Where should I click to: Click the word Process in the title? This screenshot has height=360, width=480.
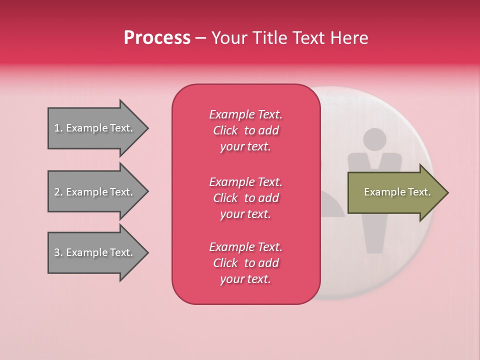(x=157, y=37)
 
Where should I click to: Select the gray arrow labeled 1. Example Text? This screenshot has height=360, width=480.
(x=95, y=128)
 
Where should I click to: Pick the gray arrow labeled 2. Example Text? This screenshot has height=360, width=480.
(x=95, y=192)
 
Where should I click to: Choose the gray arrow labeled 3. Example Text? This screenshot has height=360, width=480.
(x=95, y=252)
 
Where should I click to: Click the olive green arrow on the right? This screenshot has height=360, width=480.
(x=395, y=192)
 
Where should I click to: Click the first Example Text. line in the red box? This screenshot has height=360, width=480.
(x=245, y=114)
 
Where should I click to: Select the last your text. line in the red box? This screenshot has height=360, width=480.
(x=245, y=279)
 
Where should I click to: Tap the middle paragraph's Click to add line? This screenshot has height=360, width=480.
(x=245, y=198)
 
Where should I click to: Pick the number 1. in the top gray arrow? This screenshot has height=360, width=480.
(x=58, y=128)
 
